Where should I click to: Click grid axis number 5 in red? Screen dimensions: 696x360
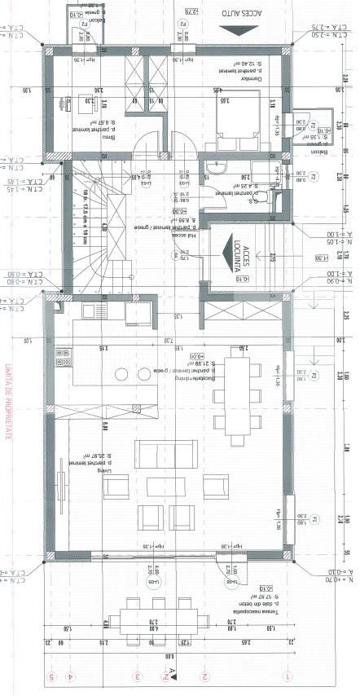click(x=51, y=676)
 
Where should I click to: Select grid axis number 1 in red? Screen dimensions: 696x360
click(x=286, y=676)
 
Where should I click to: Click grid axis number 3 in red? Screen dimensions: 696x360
click(x=138, y=676)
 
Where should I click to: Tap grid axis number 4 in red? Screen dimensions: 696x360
click(x=71, y=676)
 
